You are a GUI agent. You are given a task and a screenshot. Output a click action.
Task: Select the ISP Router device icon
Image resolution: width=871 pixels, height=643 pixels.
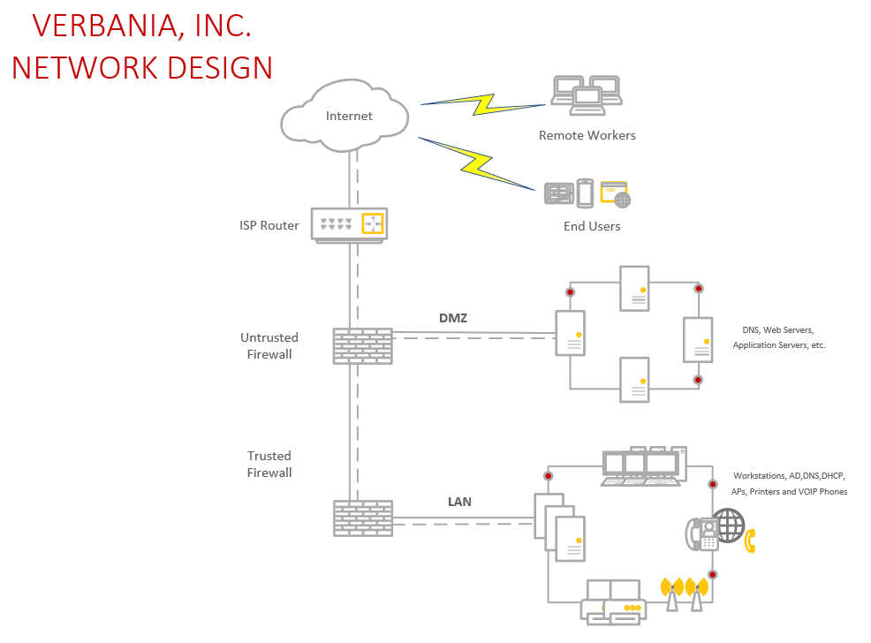coord(350,224)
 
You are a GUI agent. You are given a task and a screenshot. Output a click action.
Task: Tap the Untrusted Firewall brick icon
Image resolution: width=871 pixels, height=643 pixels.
coord(362,345)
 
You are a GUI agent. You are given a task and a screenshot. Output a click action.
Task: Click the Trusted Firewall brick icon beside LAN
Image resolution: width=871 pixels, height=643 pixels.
coord(362,518)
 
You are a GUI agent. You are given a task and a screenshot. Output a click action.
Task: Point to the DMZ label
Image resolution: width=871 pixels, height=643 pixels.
coord(452,317)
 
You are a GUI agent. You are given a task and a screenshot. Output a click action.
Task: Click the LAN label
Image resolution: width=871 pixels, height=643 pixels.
coord(459,502)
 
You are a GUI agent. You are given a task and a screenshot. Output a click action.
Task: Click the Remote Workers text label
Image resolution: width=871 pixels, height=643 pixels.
coord(587,135)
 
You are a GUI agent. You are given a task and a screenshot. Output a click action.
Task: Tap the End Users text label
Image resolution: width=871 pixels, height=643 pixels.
coord(592,226)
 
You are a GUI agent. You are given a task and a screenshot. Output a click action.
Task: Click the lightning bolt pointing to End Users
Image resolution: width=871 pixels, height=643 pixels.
coord(478,163)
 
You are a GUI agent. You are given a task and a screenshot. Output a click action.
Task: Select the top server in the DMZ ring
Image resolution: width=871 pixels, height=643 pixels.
coord(634,288)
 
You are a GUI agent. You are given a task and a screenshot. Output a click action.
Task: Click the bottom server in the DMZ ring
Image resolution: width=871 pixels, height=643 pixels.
coord(634,380)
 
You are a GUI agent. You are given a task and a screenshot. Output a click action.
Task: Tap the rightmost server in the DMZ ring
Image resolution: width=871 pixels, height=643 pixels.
coord(697,339)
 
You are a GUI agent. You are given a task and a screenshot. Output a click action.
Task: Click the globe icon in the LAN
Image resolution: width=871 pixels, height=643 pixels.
coord(730,525)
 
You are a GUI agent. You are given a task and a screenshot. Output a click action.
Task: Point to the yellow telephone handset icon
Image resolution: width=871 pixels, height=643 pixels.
coord(751,541)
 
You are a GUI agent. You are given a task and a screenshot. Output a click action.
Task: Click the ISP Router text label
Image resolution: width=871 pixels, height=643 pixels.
coord(269,225)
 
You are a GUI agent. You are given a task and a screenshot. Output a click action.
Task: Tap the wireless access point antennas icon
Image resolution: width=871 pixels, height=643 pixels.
coord(685,593)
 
